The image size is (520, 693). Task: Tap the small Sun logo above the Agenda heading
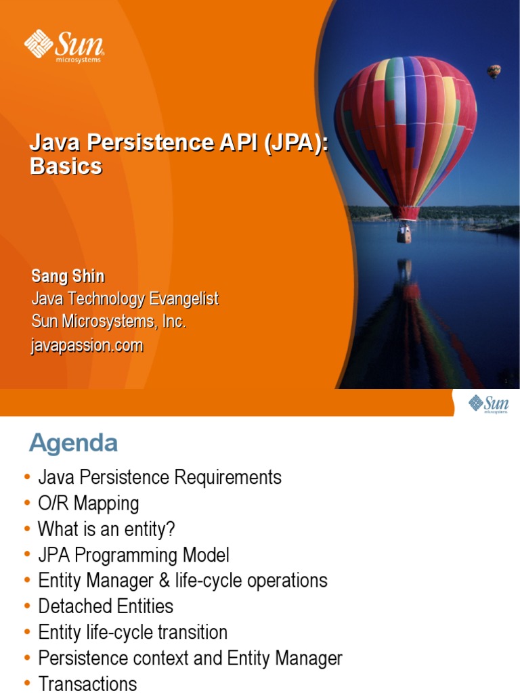[488, 405]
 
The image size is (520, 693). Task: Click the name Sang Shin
[68, 276]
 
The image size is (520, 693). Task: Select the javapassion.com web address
[87, 345]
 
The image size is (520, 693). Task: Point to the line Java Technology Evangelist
[125, 299]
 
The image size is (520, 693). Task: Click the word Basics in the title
[66, 166]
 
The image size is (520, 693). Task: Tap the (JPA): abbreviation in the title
[290, 143]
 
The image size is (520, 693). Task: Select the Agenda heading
[73, 443]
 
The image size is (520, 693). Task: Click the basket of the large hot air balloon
[404, 233]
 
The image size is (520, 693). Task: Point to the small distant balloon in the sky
[494, 70]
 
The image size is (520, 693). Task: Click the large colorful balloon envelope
[405, 129]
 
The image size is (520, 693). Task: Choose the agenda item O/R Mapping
[88, 503]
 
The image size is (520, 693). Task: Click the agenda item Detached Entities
[106, 606]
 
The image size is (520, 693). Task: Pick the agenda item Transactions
[87, 684]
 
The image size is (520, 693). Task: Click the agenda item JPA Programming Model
[133, 555]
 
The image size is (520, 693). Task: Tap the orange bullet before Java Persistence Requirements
[27, 478]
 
